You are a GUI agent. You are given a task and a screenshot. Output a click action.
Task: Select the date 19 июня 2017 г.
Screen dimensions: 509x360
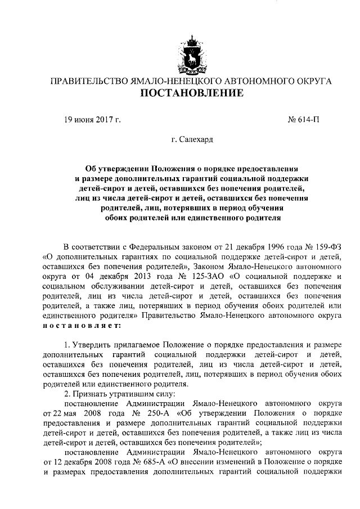point(92,119)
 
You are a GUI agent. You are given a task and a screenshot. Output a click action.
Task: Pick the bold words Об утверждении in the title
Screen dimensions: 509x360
point(113,168)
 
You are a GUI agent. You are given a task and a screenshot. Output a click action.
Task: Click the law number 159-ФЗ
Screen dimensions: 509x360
point(324,246)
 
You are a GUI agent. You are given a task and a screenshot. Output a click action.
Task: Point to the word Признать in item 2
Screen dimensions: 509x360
point(90,393)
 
